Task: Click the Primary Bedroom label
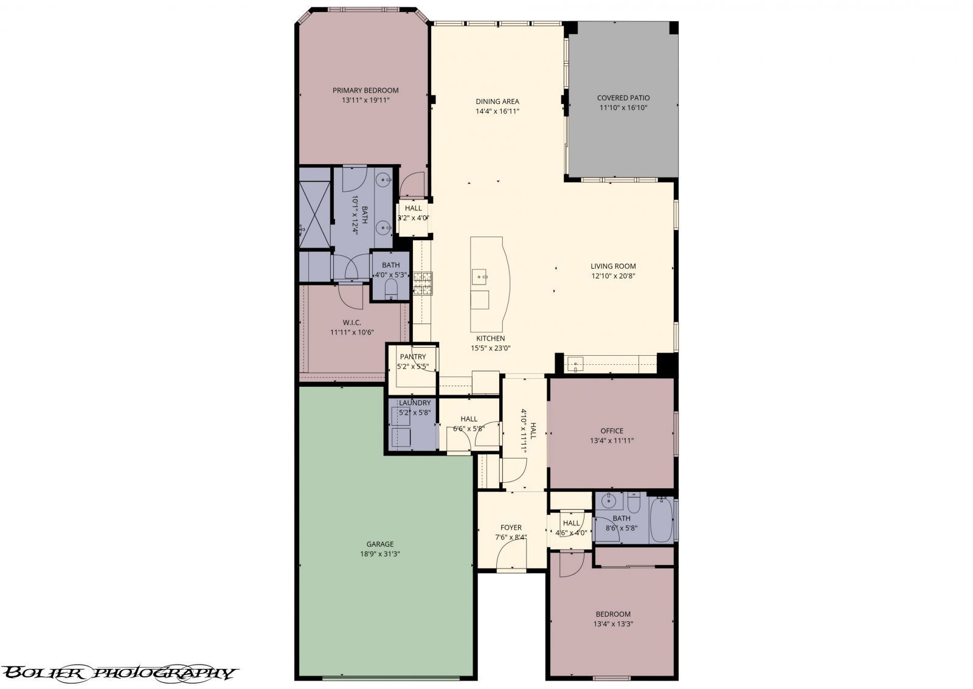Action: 365,90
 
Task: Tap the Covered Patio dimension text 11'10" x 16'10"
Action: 623,108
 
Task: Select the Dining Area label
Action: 497,102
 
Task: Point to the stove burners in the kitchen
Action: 423,283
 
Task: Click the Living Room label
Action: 613,266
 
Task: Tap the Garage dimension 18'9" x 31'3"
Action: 379,554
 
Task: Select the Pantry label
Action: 413,357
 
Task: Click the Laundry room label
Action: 414,403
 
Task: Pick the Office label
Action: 611,431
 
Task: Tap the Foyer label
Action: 511,527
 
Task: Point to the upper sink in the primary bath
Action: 383,179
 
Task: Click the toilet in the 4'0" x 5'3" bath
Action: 390,288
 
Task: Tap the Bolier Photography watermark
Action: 119,673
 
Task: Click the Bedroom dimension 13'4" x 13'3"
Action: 612,624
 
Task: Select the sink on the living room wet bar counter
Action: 575,365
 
